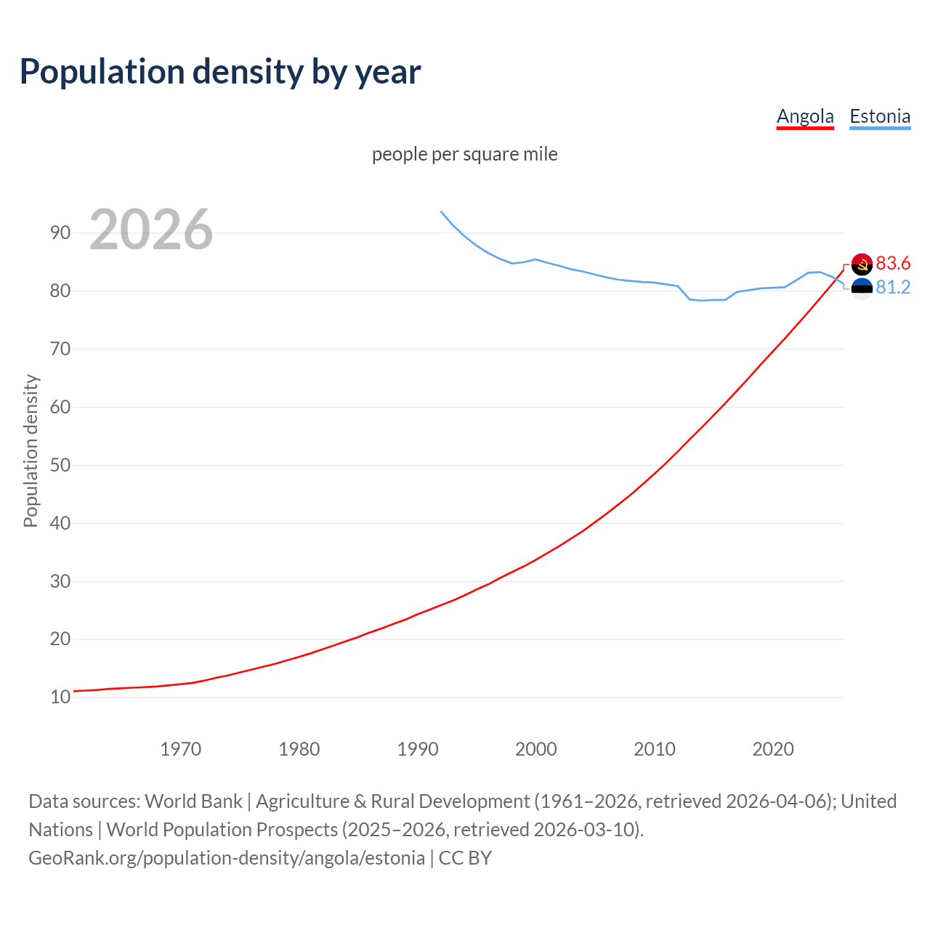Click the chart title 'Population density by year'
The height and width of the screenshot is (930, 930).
(x=220, y=72)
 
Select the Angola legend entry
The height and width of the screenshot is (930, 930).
(x=805, y=116)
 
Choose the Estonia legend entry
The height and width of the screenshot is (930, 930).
(x=880, y=116)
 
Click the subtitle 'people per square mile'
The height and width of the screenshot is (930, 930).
(x=464, y=154)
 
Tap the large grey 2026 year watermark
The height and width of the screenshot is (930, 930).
(x=151, y=230)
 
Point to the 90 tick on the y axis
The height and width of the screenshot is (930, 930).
(x=60, y=232)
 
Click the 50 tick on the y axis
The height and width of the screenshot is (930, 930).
(x=60, y=465)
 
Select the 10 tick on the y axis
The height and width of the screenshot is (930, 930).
(x=60, y=697)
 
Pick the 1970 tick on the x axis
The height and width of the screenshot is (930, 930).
(x=180, y=749)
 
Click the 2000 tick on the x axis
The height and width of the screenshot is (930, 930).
(x=535, y=749)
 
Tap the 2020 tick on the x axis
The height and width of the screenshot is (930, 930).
(x=772, y=749)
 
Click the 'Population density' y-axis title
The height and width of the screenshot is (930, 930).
(x=31, y=450)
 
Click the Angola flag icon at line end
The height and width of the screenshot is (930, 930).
(x=862, y=264)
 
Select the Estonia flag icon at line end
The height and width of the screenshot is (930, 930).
(x=862, y=288)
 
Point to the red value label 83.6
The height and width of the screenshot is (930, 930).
(x=893, y=263)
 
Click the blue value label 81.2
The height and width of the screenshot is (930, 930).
(x=893, y=288)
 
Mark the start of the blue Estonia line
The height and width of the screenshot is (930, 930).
(x=441, y=211)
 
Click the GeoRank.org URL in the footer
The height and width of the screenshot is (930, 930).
(x=227, y=858)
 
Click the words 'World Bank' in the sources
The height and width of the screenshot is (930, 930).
(x=193, y=801)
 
